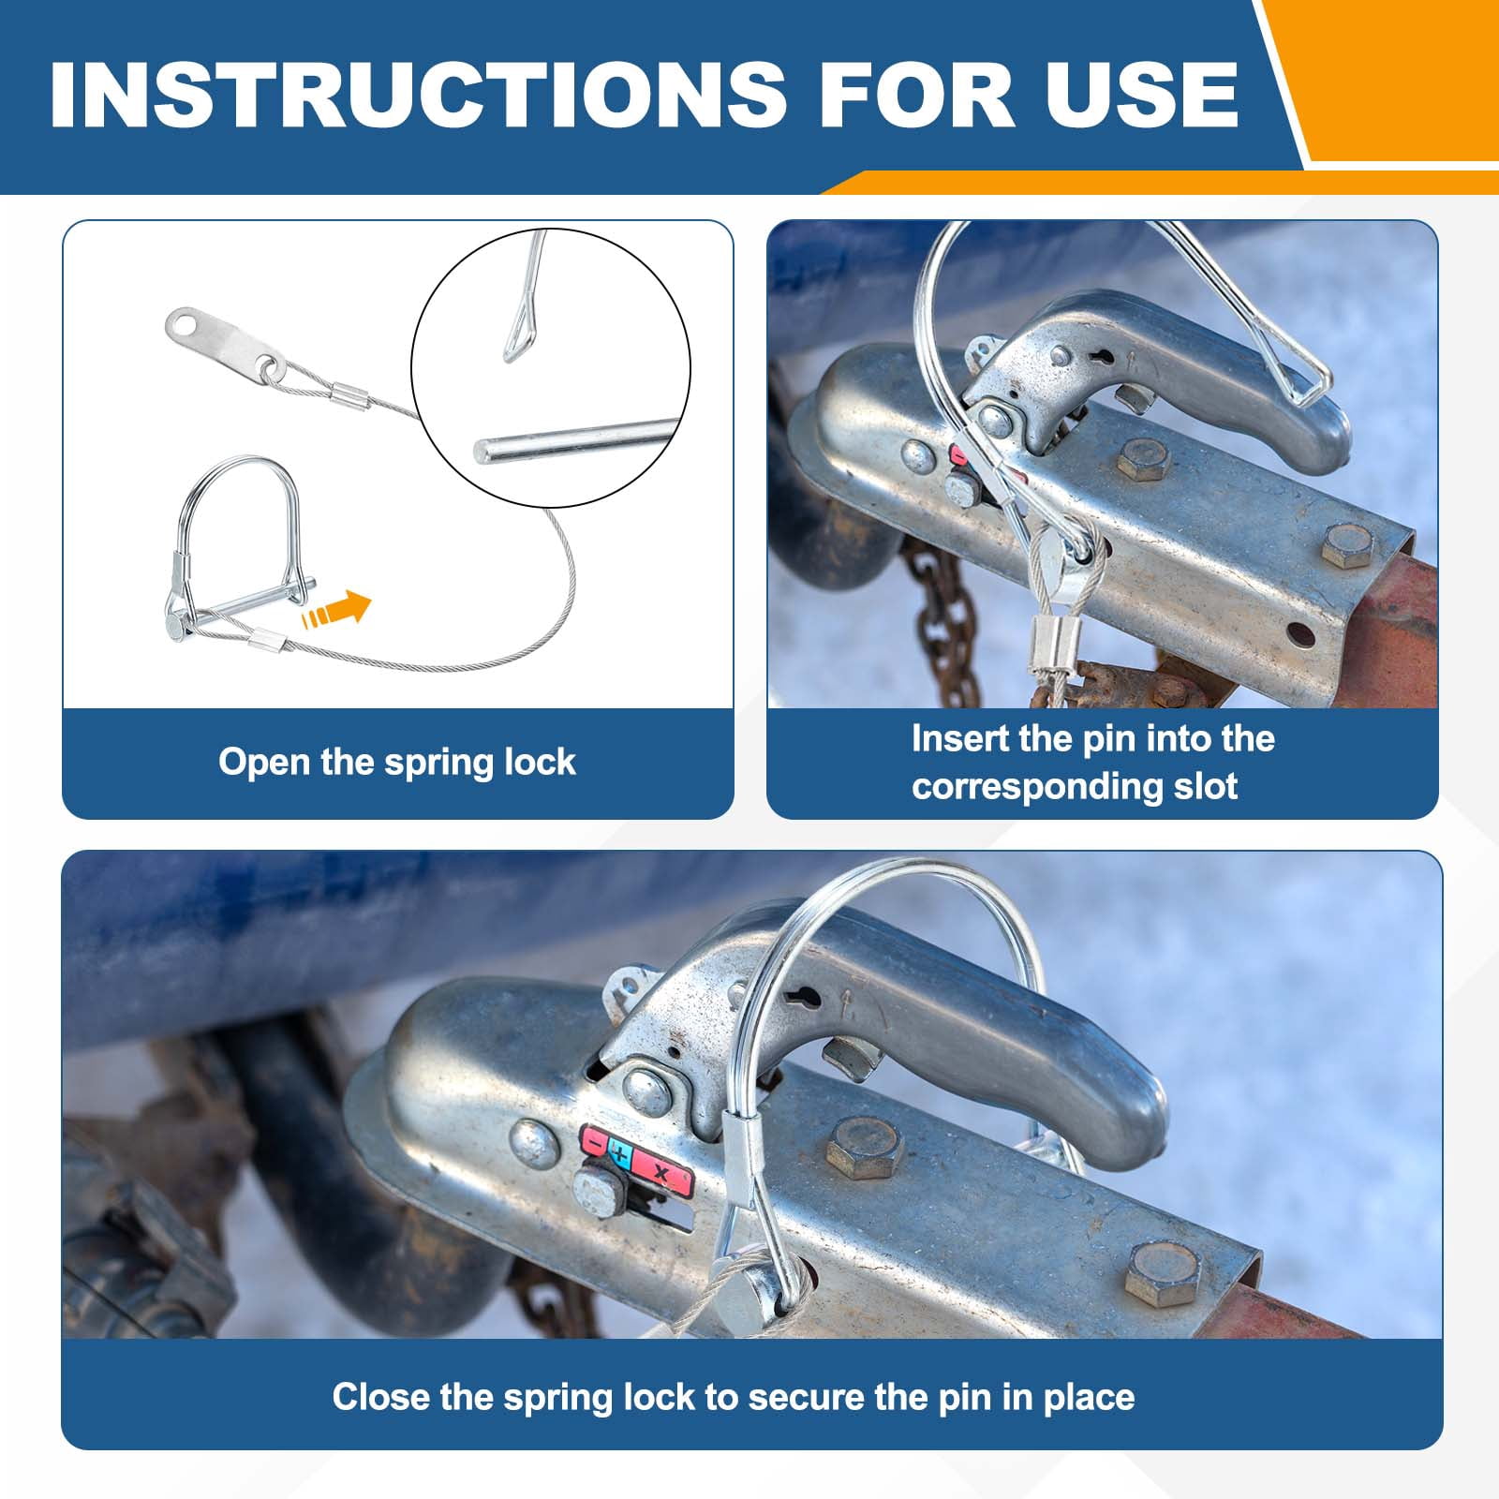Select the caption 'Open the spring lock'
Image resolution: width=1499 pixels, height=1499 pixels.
tap(397, 762)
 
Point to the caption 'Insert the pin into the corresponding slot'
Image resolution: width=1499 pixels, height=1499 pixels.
tap(1093, 762)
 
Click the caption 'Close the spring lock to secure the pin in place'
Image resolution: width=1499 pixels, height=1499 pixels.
tap(734, 1397)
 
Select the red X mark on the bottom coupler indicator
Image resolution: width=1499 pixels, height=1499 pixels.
tap(661, 1173)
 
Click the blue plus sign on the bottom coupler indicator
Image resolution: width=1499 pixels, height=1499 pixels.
tap(619, 1153)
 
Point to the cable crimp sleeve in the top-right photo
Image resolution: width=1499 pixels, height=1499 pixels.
tap(1046, 646)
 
